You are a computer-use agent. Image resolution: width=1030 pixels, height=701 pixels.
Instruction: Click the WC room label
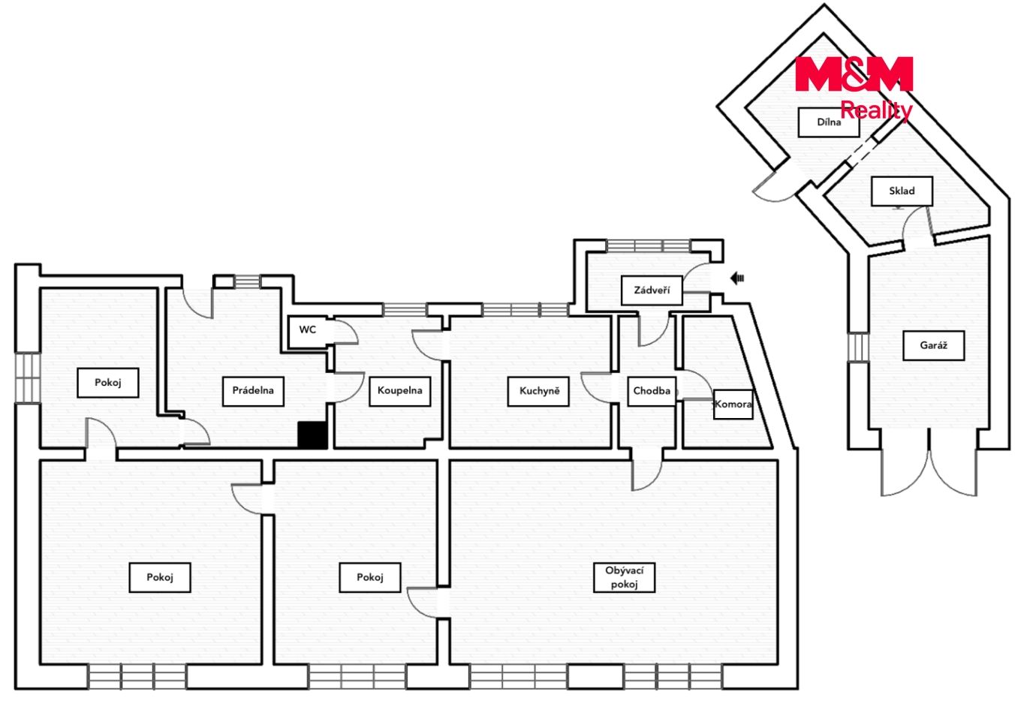click(307, 329)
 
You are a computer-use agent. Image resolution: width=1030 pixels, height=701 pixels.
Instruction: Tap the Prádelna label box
click(253, 391)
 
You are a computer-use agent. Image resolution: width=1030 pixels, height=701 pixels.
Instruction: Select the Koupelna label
click(399, 391)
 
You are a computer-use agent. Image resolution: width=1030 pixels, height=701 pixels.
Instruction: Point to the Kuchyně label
click(539, 391)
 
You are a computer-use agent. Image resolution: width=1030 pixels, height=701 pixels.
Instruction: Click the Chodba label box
click(652, 391)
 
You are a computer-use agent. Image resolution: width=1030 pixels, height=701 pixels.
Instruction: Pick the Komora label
click(733, 405)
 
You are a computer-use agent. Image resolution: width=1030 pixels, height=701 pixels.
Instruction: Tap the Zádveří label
click(652, 290)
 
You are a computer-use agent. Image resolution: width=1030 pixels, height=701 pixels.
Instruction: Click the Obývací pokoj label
click(624, 577)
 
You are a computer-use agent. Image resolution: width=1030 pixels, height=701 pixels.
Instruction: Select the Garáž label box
click(933, 346)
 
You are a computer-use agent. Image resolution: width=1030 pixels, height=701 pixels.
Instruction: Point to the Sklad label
click(902, 191)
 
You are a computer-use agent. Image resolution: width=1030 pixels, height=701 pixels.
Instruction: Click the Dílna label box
click(829, 122)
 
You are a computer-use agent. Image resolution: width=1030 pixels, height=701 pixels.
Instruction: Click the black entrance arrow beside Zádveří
click(737, 278)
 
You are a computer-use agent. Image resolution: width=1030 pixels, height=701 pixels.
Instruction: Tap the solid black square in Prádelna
click(312, 435)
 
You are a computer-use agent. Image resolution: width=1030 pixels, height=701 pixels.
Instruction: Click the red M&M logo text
click(854, 74)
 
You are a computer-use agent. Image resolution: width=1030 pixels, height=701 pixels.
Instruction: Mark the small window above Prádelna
click(248, 281)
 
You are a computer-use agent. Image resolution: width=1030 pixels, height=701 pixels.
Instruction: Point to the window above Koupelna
click(405, 310)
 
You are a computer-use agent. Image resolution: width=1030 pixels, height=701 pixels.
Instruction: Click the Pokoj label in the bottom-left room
click(160, 577)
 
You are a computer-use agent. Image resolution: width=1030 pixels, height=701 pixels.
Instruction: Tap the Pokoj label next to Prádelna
click(107, 383)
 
